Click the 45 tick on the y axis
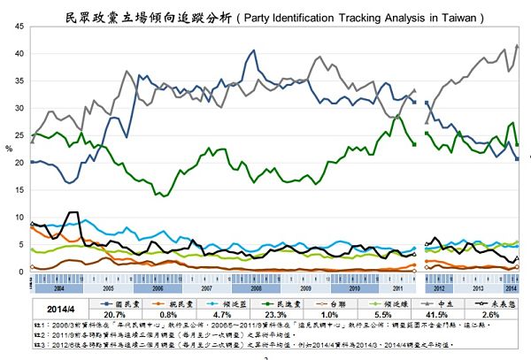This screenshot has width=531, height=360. click(19, 27)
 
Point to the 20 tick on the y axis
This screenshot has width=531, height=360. click(19, 163)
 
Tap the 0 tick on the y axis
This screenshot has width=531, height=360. click(20, 272)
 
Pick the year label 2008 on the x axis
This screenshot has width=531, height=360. click(257, 288)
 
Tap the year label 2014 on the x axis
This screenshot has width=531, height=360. click(512, 288)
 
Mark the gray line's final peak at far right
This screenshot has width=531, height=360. click(517, 45)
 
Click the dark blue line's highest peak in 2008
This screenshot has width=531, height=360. click(254, 50)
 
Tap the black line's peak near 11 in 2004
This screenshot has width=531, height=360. click(72, 212)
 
